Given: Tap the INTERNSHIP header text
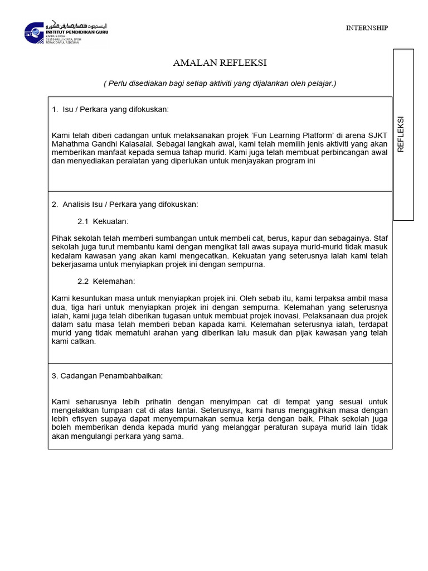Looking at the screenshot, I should coord(367,28).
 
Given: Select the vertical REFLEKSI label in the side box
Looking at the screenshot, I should coord(400,134).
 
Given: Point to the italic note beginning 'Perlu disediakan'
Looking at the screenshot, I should coord(220,83).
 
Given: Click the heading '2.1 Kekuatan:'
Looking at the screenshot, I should coord(103,221).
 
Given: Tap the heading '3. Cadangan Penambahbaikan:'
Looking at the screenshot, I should coord(107,376).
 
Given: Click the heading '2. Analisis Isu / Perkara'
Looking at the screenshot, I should coord(125,205).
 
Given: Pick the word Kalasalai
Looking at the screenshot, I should coord(138,144).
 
